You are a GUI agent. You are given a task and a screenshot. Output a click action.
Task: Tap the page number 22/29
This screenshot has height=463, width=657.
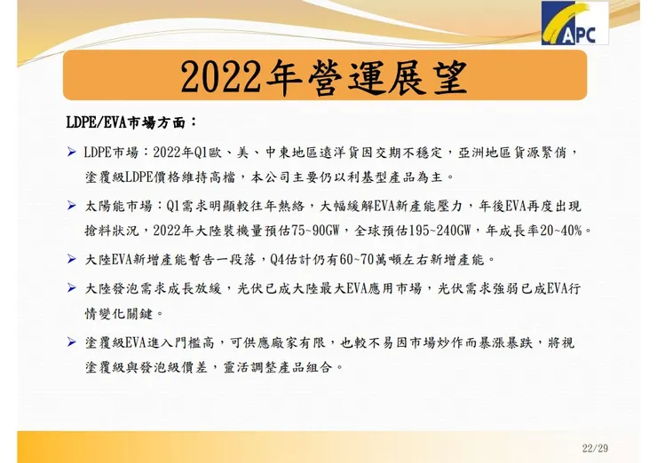595,447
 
